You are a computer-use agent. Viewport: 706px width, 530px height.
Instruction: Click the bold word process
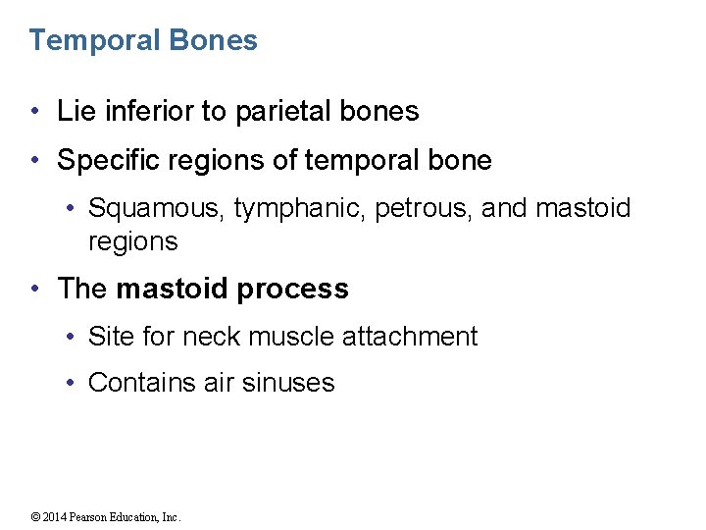point(300,290)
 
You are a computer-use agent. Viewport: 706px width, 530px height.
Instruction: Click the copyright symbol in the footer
point(35,517)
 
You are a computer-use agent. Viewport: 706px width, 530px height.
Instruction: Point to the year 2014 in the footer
point(54,517)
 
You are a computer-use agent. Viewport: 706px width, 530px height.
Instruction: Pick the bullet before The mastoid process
point(35,290)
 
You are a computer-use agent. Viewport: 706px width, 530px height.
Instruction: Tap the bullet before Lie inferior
point(35,112)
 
